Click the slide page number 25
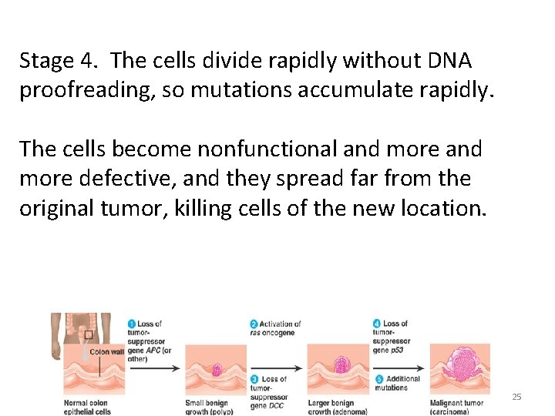click(516, 397)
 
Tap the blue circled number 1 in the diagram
click(132, 324)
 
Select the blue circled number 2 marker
click(254, 324)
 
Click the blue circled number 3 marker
click(254, 379)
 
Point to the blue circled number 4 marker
click(376, 324)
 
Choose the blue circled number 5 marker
click(377, 379)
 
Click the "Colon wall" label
click(106, 352)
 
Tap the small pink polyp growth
click(217, 370)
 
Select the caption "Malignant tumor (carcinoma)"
click(457, 407)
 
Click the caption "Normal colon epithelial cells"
click(87, 407)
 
